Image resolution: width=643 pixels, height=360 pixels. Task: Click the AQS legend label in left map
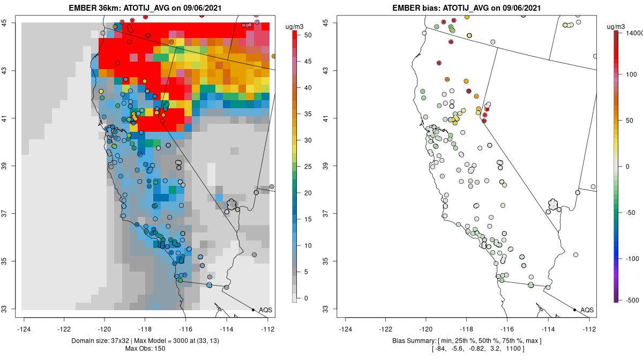coord(265,310)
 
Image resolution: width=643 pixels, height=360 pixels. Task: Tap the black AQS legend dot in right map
coord(574,310)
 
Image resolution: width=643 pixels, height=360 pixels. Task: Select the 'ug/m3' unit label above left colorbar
coord(296,26)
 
